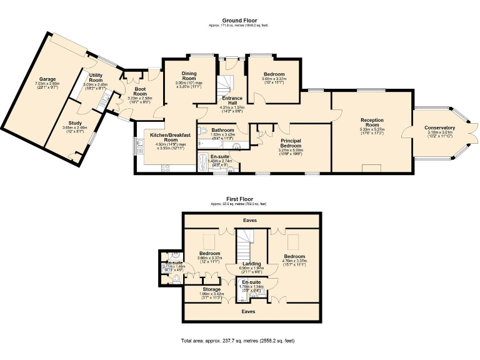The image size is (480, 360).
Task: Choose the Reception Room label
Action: pos(372,122)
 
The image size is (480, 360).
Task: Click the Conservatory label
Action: pos(440,127)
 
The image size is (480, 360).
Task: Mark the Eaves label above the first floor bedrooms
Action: pos(250,220)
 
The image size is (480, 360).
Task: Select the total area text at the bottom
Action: pos(237,341)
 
